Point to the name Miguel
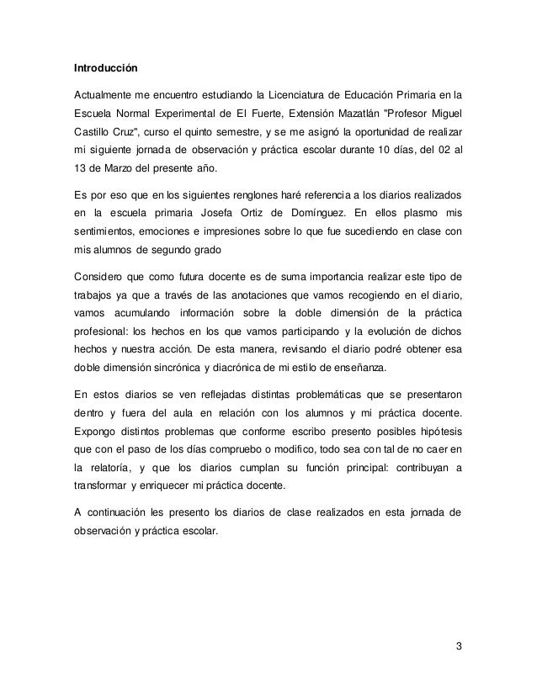click(444, 113)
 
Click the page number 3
click(459, 646)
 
